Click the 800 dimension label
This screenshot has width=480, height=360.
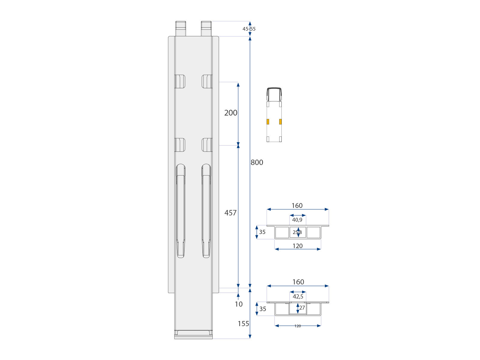(257, 162)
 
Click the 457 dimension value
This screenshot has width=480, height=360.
(230, 213)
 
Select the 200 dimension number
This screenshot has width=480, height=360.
(231, 113)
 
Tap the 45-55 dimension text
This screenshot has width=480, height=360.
(249, 29)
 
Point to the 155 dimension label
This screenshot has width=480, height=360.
(243, 324)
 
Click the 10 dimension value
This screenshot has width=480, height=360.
(238, 304)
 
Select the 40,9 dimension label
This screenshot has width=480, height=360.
(297, 220)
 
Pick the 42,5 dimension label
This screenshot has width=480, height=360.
(298, 297)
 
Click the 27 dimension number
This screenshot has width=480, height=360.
(302, 308)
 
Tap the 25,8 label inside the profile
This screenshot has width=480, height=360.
(297, 232)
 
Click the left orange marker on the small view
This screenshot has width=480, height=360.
(268, 121)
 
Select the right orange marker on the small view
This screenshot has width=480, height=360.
(280, 121)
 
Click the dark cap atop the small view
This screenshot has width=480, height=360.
(274, 89)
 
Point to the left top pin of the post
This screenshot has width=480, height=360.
(181, 28)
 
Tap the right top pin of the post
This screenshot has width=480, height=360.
(206, 28)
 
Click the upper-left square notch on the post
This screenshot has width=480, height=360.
(180, 81)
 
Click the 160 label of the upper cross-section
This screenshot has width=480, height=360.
(297, 205)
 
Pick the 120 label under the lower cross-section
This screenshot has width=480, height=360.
(298, 326)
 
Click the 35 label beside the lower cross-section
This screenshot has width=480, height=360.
(263, 309)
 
